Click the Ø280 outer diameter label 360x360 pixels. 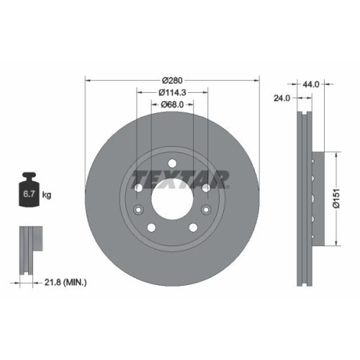coord(172,79)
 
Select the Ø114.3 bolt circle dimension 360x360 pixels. coord(172,93)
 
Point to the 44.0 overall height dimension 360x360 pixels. coord(312,84)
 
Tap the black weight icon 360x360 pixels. coord(30,190)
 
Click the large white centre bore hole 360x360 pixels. coord(171,199)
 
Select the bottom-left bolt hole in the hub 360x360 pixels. coord(151,228)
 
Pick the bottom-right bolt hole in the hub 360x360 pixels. coord(192,228)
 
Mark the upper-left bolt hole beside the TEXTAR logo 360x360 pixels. coord(138,188)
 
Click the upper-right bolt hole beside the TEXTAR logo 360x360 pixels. coord(205,188)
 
